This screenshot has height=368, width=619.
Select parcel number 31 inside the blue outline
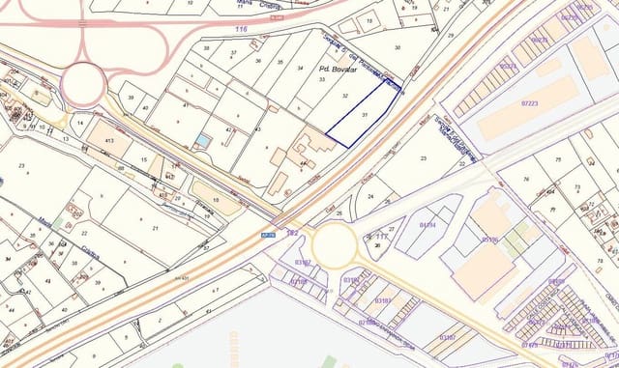pos(365,115)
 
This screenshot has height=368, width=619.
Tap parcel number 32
pos(345,96)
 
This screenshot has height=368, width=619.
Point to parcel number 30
pos(398,45)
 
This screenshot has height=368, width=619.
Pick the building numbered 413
pos(109,140)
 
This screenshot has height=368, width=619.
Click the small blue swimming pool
pos(201,141)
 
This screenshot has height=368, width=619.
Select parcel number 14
pos(80,124)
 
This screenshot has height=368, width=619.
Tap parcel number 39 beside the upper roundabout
pos(131,98)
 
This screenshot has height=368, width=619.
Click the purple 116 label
pos(241,30)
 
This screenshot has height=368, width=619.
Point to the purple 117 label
pos(381,236)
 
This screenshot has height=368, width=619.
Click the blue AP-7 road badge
pos(268,233)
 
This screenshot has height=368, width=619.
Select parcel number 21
pos(156,228)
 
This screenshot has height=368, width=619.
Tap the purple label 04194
pos(427,225)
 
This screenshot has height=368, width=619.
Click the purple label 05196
pos(489,240)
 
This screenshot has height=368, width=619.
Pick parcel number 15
pos(142,159)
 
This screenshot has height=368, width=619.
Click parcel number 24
pos(371,197)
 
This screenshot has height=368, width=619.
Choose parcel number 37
pos(233,54)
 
